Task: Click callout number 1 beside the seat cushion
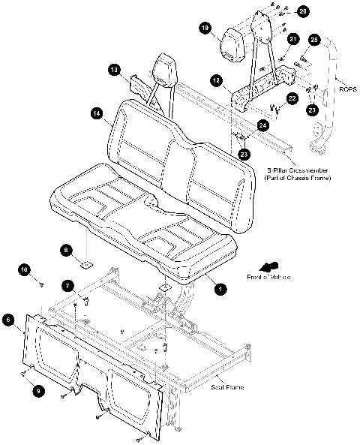click(x=219, y=287)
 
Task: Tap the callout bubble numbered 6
click(x=8, y=320)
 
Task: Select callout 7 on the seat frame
click(x=67, y=286)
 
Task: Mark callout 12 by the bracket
click(x=215, y=79)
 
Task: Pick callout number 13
click(x=114, y=69)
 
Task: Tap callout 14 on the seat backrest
click(x=96, y=113)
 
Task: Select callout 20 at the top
click(x=302, y=12)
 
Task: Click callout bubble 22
click(x=292, y=98)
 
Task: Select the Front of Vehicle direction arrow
click(x=267, y=266)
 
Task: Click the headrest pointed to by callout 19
click(x=233, y=45)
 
